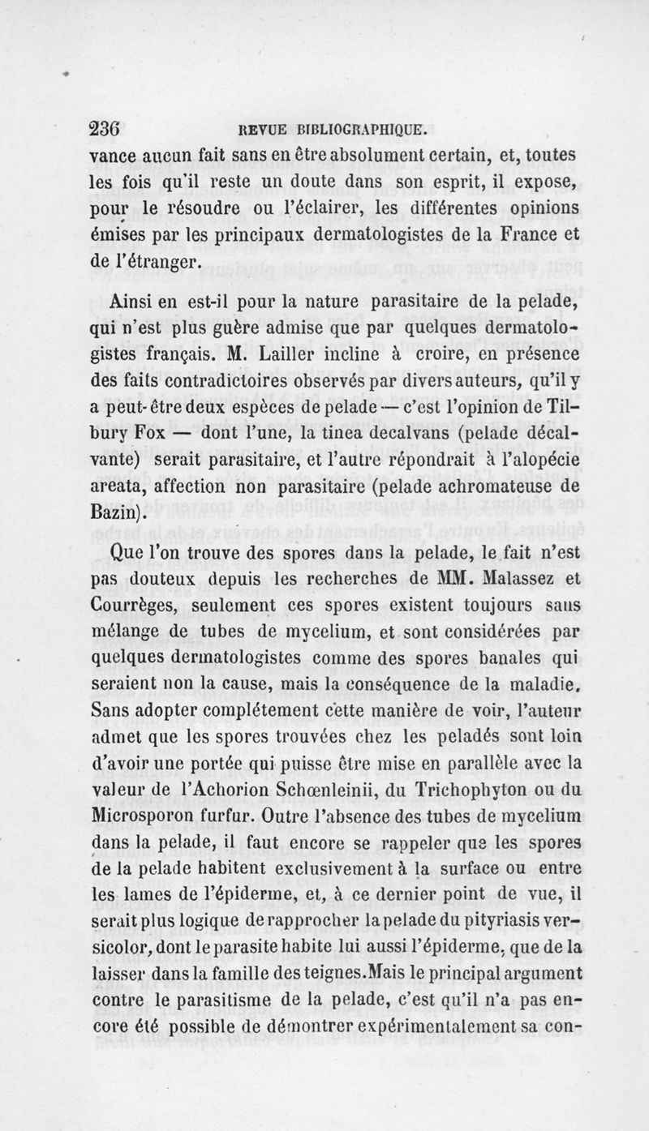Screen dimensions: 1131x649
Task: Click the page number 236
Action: click(104, 127)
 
